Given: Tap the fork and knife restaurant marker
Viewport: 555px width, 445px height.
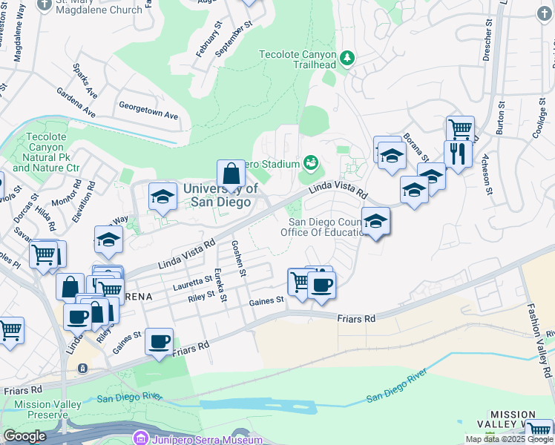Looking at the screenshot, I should (x=458, y=154).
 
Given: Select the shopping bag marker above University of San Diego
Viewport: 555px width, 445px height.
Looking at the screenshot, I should (x=231, y=175).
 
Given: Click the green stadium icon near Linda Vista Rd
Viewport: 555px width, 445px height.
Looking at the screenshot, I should (x=311, y=162).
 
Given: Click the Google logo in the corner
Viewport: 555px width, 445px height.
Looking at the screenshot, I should (x=24, y=436).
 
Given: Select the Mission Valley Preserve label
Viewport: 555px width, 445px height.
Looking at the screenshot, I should (x=38, y=409).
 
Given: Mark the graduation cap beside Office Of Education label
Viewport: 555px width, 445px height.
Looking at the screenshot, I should (x=376, y=222).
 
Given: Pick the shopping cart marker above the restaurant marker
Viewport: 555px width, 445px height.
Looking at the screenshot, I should (x=460, y=128).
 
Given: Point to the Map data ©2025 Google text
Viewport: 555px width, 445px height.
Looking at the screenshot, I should (x=510, y=439).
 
